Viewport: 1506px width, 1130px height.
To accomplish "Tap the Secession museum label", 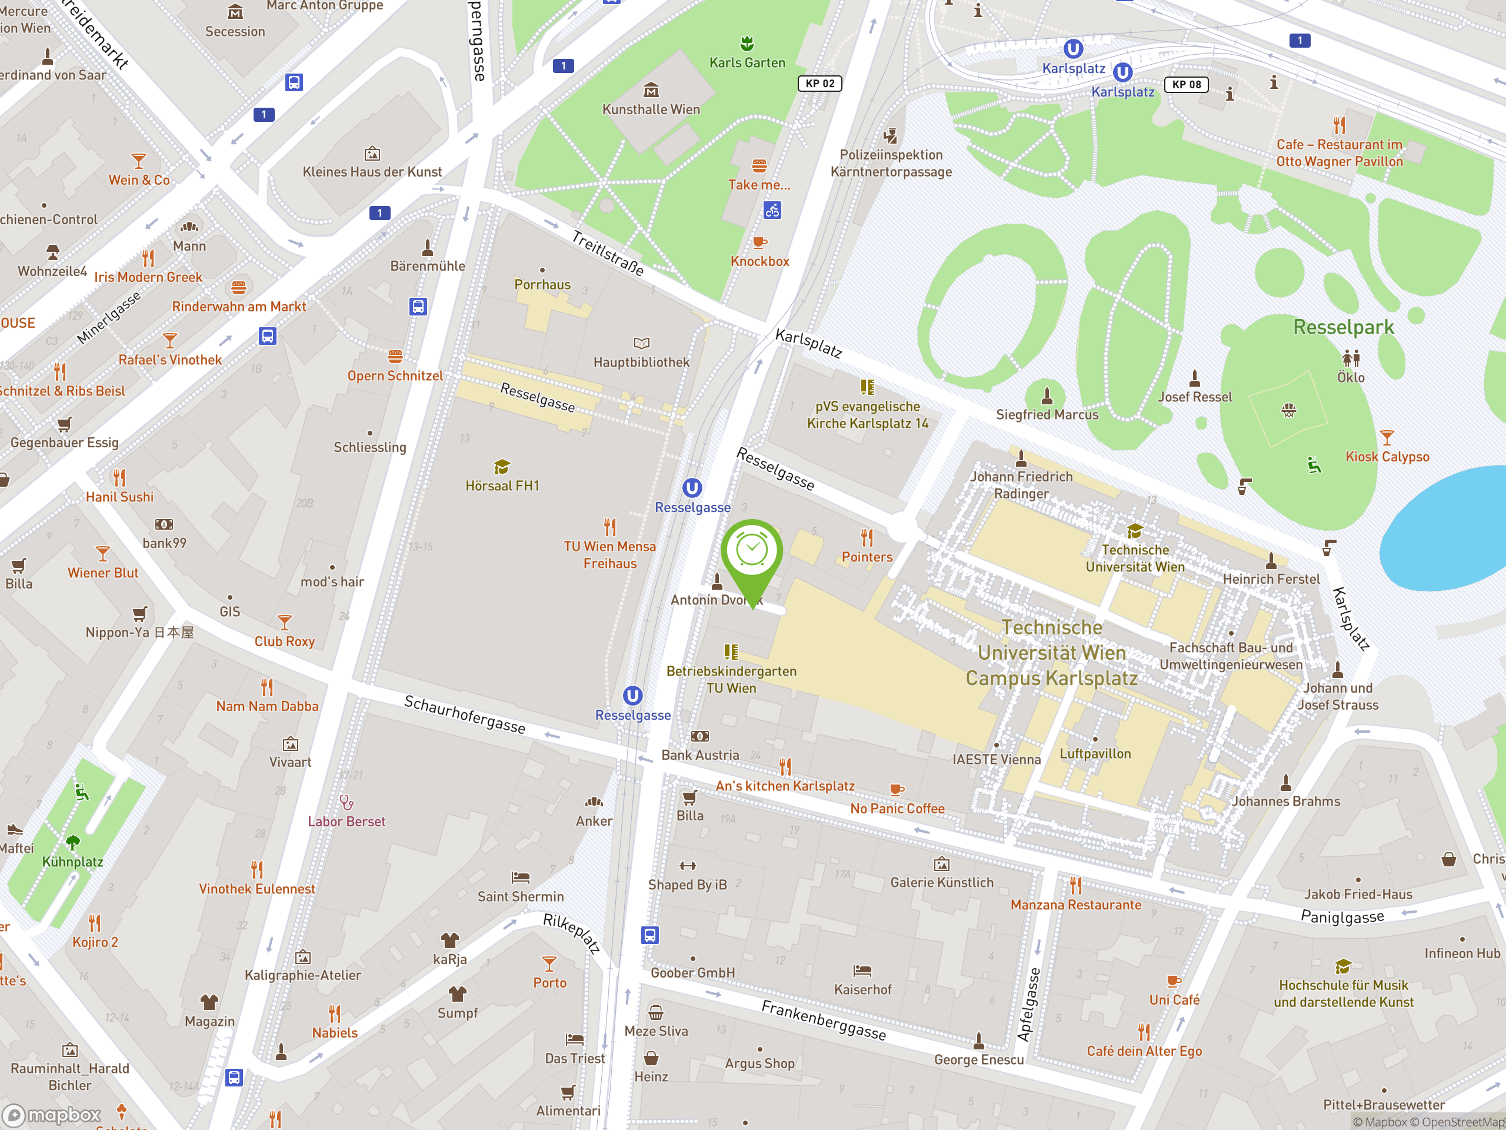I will point(235,31).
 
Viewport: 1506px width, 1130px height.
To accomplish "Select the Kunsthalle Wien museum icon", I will point(651,90).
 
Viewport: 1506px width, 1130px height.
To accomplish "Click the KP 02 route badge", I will point(819,83).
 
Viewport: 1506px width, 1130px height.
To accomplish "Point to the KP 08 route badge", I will point(1186,85).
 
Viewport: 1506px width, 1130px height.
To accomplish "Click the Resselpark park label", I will point(1343,328).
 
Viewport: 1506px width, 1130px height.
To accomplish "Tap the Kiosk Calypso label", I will point(1387,457).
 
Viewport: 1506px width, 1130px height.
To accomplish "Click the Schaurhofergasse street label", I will point(464,714).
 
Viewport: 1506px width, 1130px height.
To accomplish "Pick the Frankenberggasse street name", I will point(823,1021).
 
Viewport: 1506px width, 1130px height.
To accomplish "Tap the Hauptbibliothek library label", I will point(641,363).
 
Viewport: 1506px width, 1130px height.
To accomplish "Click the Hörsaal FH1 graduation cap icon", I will point(502,467).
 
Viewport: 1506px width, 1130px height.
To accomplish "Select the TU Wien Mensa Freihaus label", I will point(609,554).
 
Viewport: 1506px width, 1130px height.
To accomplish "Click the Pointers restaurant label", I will point(867,557).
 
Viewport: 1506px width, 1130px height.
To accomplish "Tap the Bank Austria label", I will point(700,755).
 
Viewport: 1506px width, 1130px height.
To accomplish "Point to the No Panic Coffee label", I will point(897,809).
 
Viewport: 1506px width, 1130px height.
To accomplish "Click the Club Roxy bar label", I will point(285,642).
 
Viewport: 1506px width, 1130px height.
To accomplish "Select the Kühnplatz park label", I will point(73,862).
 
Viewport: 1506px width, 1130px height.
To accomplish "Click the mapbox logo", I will point(52,1115).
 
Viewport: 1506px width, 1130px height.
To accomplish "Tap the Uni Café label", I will point(1174,1000).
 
